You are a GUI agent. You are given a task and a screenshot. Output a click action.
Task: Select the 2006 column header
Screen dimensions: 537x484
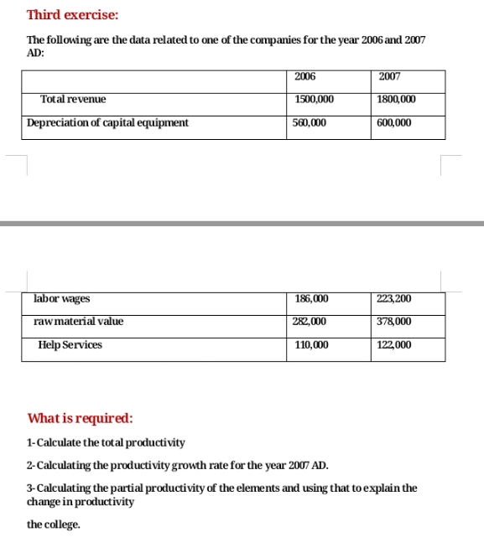point(305,77)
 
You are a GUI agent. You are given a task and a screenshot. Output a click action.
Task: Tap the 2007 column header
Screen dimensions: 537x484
point(389,77)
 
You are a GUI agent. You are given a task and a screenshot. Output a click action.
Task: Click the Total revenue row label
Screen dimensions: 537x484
point(73,100)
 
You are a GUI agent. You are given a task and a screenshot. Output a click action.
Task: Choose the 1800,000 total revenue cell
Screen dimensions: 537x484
point(397,100)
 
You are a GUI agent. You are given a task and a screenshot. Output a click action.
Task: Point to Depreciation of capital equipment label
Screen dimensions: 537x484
point(107,123)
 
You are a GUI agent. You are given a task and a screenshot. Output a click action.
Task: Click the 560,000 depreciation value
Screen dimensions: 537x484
point(310,123)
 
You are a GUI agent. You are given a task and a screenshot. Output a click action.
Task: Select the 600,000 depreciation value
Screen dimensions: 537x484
point(394,123)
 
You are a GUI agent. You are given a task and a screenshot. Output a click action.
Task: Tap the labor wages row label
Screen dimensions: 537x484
point(62,299)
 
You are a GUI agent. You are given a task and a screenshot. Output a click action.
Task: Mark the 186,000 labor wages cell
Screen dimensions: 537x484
point(312,299)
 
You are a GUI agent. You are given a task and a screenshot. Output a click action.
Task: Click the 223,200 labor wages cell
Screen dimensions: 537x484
point(395,299)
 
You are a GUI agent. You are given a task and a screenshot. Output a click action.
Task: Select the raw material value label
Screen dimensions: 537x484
point(78,322)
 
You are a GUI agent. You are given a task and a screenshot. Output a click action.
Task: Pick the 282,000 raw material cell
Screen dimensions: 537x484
point(310,322)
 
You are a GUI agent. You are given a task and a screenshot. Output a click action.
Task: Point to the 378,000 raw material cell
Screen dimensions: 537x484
point(394,322)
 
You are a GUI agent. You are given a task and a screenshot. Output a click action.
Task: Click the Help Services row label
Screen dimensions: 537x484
point(70,345)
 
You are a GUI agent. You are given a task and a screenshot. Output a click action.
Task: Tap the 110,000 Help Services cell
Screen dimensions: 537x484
point(311,345)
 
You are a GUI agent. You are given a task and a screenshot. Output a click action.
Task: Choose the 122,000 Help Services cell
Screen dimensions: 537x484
point(394,345)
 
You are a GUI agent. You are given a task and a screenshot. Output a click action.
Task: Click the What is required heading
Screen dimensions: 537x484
point(80,418)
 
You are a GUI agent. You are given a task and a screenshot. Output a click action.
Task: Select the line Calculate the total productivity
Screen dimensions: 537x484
point(107,442)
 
